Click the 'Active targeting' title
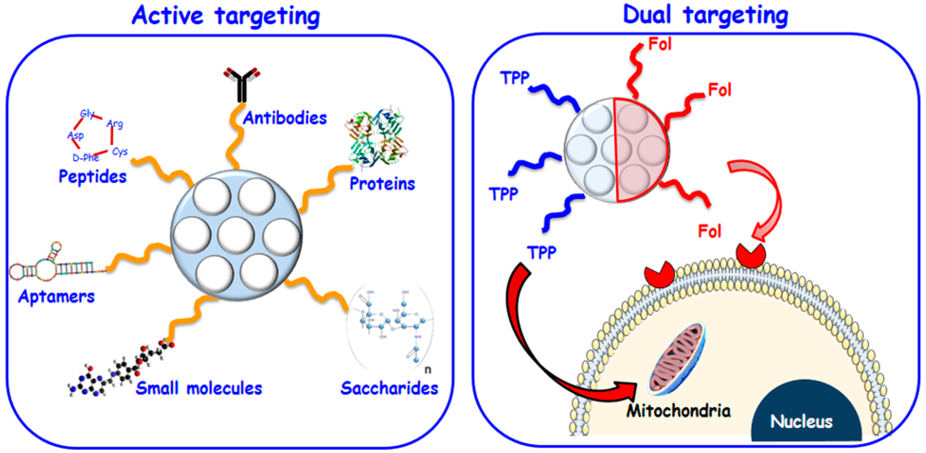pos(226,16)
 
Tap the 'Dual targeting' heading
pos(705,15)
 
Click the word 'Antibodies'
pos(285,118)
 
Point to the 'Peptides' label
pos(93,176)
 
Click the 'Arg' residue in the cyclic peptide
pos(115,124)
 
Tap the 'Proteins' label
pos(382,184)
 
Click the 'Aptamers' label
pos(56,297)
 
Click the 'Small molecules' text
pos(199,388)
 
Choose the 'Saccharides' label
pos(389,388)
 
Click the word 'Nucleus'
pos(801,421)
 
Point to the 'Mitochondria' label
pos(678,410)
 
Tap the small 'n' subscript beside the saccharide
pos(427,370)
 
